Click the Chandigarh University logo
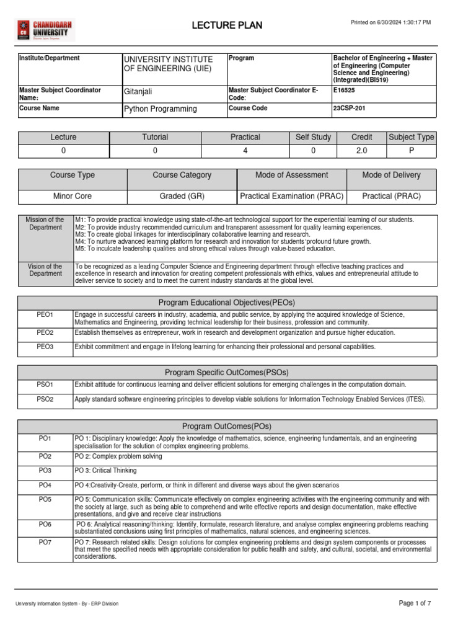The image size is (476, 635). (x=42, y=30)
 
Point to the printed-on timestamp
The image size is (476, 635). (x=390, y=22)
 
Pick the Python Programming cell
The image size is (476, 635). (x=161, y=109)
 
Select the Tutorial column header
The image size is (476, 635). (x=155, y=137)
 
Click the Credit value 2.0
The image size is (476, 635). (x=361, y=151)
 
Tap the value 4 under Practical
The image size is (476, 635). (x=245, y=151)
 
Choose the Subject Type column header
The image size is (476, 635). (x=411, y=137)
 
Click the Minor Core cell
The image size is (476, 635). (x=73, y=196)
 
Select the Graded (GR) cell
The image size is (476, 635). (x=182, y=196)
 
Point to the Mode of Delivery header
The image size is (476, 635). (x=391, y=175)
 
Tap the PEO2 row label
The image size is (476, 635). (x=45, y=333)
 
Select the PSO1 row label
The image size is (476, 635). (x=45, y=385)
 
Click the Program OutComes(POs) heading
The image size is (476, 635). (x=227, y=427)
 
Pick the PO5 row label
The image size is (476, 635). (x=45, y=499)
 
